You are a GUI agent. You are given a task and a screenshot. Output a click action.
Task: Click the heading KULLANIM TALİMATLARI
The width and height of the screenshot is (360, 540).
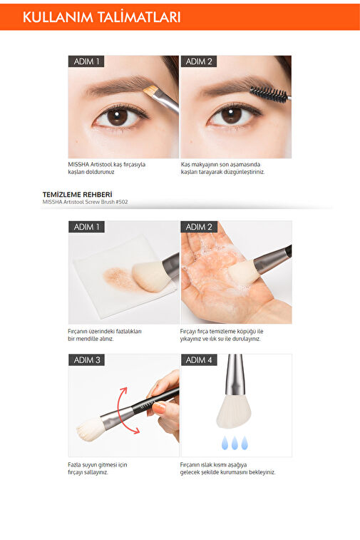click(x=101, y=17)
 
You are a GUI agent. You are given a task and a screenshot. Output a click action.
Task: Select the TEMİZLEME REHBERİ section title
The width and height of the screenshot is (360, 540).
click(x=78, y=195)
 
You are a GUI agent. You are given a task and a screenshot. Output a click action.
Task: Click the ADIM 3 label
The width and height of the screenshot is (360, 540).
click(x=86, y=360)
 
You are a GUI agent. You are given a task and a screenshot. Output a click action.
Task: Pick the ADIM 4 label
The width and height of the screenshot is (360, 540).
click(x=199, y=360)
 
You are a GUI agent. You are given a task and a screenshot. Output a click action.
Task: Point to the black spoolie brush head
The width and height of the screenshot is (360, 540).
click(x=269, y=94)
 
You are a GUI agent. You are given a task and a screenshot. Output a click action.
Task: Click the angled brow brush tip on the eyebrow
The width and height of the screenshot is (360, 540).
click(x=150, y=91)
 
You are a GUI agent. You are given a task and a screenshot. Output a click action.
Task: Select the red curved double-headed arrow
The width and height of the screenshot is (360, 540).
click(x=119, y=410)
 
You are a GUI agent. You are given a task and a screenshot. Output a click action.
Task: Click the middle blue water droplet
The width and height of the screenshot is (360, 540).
click(x=235, y=443)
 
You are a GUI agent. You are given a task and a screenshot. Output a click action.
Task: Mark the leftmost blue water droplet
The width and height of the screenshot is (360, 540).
click(x=225, y=443)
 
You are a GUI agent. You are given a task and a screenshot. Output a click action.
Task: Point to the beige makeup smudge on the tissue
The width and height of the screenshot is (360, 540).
click(x=119, y=278)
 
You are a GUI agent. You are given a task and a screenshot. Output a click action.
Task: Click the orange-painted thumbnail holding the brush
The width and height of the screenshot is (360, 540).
click(x=160, y=408)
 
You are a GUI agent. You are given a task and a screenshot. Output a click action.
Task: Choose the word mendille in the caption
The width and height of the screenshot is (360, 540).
click(x=86, y=339)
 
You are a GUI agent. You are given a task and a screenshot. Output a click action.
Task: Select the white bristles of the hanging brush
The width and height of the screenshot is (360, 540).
click(x=234, y=412)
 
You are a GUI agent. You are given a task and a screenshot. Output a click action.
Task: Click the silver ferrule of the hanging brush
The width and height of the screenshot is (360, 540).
click(x=235, y=375)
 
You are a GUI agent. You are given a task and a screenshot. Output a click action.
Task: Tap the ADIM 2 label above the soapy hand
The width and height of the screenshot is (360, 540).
click(x=199, y=227)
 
